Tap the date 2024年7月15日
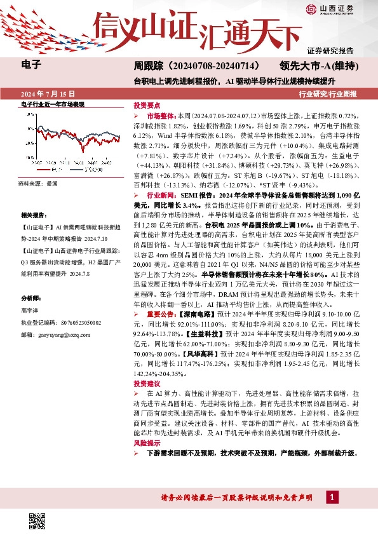(48, 94)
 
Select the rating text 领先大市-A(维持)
(320, 65)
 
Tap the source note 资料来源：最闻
(38, 182)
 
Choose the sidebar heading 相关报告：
(34, 215)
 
